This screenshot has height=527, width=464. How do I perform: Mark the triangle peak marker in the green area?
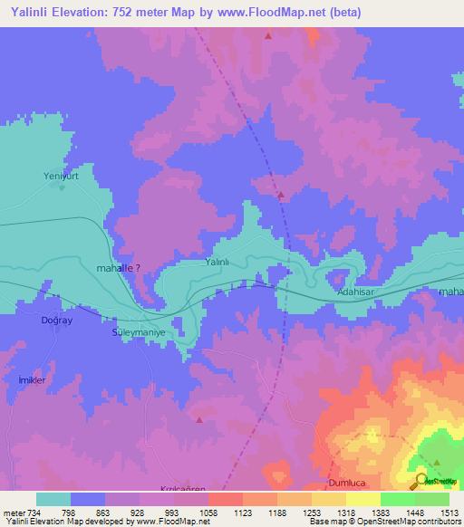click(x=437, y=462)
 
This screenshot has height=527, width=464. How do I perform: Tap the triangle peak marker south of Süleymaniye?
click(x=199, y=418)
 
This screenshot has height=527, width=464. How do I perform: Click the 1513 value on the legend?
click(x=448, y=512)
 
